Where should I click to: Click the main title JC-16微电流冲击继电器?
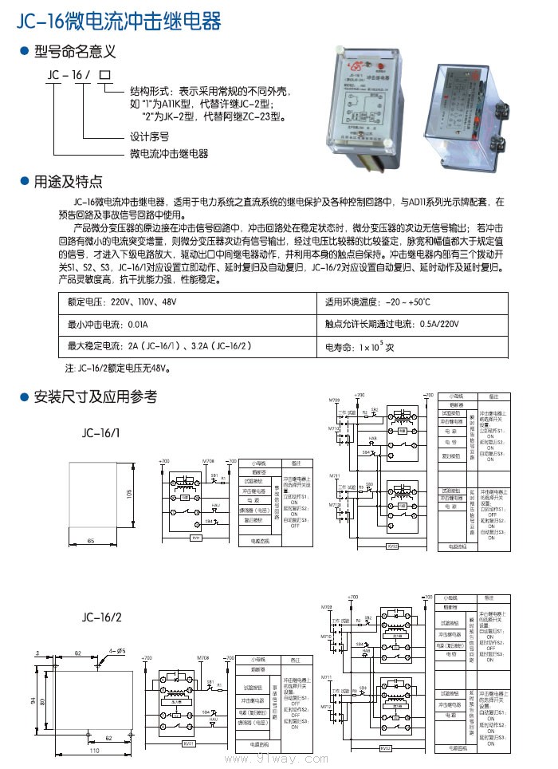[119, 21]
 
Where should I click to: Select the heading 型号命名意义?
[76, 53]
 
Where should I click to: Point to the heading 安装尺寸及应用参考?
[96, 396]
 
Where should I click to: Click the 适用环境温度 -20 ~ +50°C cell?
[378, 303]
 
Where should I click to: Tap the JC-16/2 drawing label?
[100, 617]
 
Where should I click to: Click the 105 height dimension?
[128, 493]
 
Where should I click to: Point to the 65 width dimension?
[90, 541]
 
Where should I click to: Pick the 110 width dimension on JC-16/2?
[93, 751]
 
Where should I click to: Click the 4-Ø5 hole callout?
[116, 651]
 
